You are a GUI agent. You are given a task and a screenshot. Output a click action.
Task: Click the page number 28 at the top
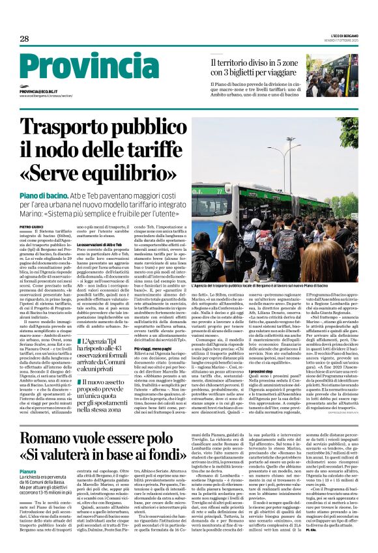pyautogui.click(x=24, y=39)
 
